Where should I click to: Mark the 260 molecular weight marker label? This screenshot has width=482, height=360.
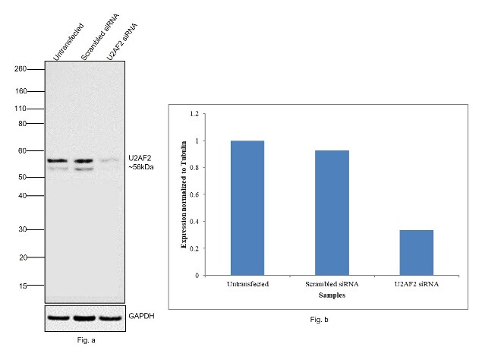pyautogui.click(x=21, y=69)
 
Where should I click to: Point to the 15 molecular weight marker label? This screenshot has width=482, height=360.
pyautogui.click(x=24, y=286)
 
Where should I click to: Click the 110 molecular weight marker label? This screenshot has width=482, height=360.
pyautogui.click(x=21, y=109)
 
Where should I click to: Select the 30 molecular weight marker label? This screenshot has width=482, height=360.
pyautogui.click(x=24, y=229)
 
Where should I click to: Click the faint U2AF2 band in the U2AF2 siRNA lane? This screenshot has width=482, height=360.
pyautogui.click(x=109, y=160)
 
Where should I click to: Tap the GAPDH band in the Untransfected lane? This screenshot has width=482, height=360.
pyautogui.click(x=58, y=316)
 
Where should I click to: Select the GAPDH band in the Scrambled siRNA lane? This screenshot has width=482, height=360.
pyautogui.click(x=84, y=316)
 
